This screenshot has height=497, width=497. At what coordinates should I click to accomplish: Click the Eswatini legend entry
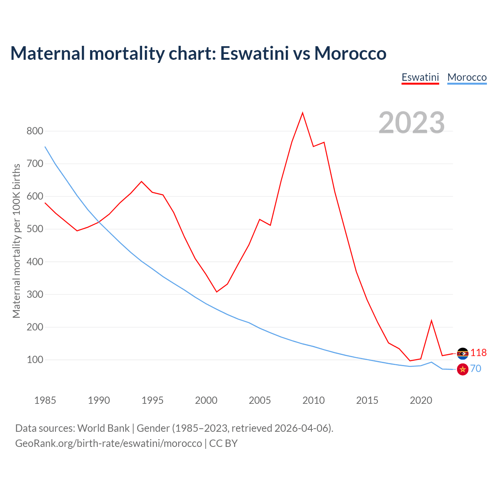tap(420, 77)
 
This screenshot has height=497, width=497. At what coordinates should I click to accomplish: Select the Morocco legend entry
tap(467, 77)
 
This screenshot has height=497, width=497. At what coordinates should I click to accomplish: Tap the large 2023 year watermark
tap(412, 122)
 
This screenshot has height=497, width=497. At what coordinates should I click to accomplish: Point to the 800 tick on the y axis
tap(35, 131)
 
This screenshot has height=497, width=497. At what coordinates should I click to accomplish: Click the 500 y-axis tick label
tap(35, 229)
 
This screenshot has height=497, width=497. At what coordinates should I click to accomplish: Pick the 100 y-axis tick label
tap(35, 360)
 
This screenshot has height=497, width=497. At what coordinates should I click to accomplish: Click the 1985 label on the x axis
tap(45, 400)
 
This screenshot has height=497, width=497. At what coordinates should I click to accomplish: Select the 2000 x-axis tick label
tap(206, 400)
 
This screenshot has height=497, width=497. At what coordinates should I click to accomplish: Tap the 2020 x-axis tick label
tap(421, 400)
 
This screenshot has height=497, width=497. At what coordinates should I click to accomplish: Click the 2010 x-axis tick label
tap(313, 400)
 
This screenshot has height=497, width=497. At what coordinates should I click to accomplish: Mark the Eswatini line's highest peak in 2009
tap(302, 113)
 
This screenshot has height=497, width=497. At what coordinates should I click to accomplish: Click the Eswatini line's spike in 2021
tap(431, 321)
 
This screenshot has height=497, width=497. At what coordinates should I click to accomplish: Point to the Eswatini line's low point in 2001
tap(217, 292)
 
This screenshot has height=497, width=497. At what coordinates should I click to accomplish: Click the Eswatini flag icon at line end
tap(462, 353)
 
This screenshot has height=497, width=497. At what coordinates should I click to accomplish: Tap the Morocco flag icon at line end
tap(462, 369)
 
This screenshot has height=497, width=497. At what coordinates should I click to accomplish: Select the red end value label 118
tap(478, 353)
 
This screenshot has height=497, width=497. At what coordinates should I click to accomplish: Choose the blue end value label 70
tap(476, 368)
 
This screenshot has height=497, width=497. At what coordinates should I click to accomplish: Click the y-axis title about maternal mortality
tap(16, 241)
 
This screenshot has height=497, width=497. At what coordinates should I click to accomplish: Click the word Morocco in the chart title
tap(350, 53)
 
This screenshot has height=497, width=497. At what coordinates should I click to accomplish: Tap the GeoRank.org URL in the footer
tap(109, 443)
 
